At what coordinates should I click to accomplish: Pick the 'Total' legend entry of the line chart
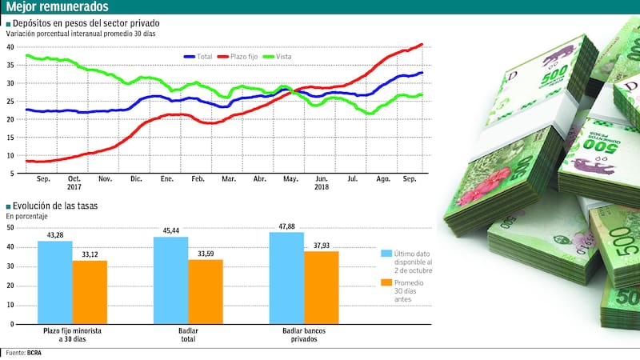click(202, 57)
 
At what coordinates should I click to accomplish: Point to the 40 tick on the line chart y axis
click(10, 46)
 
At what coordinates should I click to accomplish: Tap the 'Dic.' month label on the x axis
click(136, 178)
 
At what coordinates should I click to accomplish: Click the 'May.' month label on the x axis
click(291, 178)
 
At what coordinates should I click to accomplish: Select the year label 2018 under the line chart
click(322, 187)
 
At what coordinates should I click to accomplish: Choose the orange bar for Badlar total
click(206, 292)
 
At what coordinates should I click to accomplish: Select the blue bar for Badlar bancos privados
click(286, 278)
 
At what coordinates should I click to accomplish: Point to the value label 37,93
click(322, 246)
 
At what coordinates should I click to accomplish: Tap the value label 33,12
click(90, 254)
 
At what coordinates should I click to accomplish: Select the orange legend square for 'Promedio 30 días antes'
click(386, 283)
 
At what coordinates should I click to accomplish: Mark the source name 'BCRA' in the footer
click(34, 353)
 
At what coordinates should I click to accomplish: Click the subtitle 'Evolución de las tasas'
click(55, 206)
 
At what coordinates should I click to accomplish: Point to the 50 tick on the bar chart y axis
click(10, 227)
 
